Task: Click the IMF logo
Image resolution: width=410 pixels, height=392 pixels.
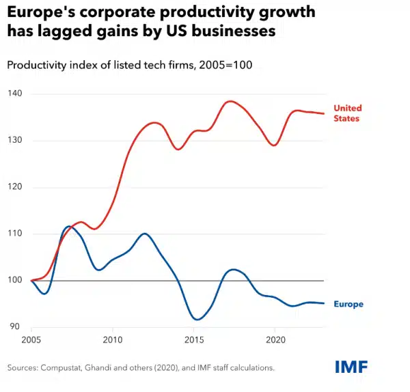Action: click(351, 367)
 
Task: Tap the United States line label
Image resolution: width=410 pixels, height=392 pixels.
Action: click(348, 113)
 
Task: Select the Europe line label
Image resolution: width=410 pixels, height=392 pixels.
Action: click(348, 304)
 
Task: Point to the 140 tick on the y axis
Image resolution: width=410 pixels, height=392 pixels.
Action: click(15, 94)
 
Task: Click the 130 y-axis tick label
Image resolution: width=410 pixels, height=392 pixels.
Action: click(15, 140)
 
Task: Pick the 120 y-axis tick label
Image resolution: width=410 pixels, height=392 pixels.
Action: click(15, 186)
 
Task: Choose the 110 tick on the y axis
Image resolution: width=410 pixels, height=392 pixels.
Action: click(15, 233)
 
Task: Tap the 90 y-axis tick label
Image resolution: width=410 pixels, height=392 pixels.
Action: click(15, 326)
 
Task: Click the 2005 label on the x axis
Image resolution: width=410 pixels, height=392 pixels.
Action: click(31, 339)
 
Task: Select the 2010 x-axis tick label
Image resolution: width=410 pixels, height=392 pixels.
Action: click(113, 339)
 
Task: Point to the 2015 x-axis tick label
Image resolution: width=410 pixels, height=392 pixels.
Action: click(194, 339)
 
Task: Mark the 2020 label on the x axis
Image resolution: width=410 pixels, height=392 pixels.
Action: click(275, 339)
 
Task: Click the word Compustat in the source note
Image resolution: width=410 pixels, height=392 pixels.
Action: click(61, 368)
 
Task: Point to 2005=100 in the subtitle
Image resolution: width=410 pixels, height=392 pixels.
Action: click(225, 65)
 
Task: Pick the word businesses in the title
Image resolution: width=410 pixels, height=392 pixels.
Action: click(234, 31)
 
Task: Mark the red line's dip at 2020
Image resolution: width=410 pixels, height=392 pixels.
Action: click(274, 145)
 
